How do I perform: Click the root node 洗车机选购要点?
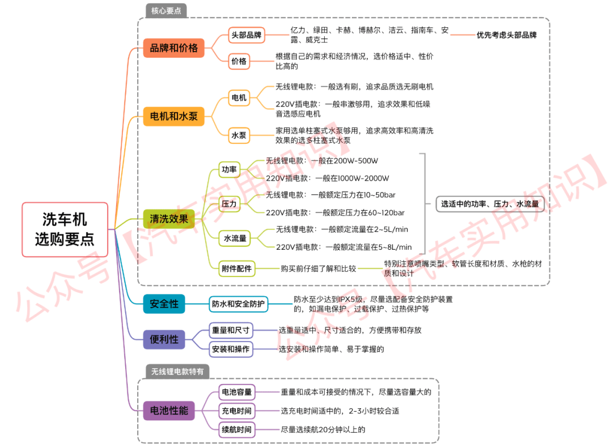65,229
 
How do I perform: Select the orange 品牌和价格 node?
174,48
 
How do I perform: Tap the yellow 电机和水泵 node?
174,116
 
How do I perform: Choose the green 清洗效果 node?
169,219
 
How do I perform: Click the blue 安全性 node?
164,304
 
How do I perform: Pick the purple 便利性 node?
164,339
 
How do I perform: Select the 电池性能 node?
169,411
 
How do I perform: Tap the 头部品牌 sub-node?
246,35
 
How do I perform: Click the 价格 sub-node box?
239,61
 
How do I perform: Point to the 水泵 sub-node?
239,135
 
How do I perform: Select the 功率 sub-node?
229,169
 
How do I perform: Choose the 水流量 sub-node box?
235,238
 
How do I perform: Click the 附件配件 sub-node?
236,268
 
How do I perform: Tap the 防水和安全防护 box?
239,304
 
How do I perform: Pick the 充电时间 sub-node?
236,411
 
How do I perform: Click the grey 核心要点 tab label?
166,11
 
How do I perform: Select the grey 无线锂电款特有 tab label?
177,372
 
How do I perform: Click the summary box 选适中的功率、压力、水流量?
490,204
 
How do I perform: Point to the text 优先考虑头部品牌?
507,35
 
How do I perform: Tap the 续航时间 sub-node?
236,430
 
